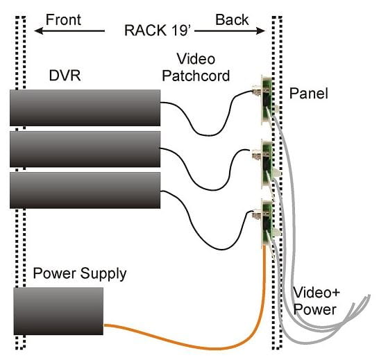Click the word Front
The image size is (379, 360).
tap(63, 19)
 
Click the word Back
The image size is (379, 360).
tap(232, 19)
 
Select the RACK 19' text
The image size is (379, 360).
tap(158, 31)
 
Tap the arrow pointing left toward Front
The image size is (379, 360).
tap(69, 31)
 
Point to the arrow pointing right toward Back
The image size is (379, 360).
tap(230, 31)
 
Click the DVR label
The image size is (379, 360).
tap(65, 76)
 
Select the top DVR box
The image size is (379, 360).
tap(85, 108)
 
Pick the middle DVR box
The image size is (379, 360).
tap(85, 149)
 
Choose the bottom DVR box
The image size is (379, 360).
tap(85, 190)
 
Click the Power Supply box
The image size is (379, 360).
tap(58, 311)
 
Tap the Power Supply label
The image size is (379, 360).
tap(80, 274)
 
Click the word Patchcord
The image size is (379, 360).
tap(196, 76)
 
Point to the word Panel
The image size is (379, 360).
tap(309, 93)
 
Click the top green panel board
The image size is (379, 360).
tap(267, 99)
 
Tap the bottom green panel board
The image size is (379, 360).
tap(267, 222)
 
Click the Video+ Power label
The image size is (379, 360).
tap(316, 301)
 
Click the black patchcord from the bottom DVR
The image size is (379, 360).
tap(221, 249)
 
